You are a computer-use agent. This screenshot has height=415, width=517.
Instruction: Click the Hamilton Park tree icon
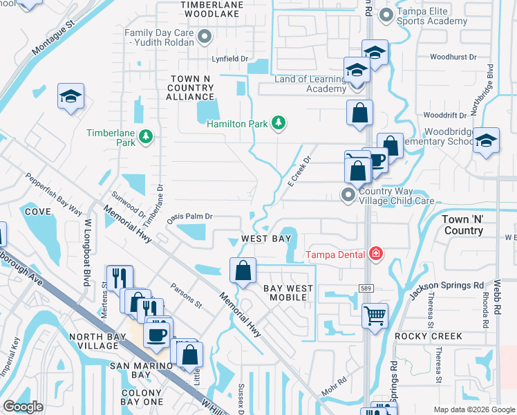(x=278, y=123)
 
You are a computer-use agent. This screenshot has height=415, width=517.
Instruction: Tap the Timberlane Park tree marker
(x=146, y=136)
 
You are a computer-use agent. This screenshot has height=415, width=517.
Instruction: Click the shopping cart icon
(x=375, y=316)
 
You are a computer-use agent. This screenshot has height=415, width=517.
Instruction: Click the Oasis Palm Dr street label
(x=188, y=216)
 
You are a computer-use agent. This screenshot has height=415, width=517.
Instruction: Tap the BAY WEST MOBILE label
(x=288, y=293)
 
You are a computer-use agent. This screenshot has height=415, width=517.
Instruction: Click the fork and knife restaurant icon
(x=120, y=278)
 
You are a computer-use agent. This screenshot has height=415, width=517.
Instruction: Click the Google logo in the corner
(x=23, y=407)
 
